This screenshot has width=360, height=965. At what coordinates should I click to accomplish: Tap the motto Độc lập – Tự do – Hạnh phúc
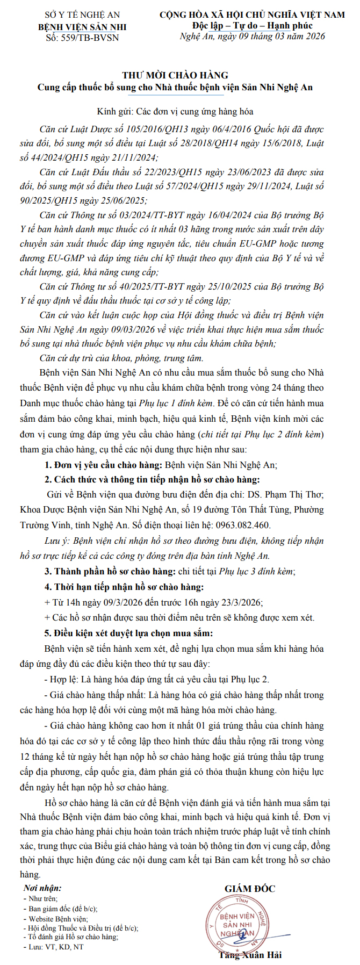point(252,26)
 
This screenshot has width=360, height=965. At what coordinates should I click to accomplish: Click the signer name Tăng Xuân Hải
point(250,955)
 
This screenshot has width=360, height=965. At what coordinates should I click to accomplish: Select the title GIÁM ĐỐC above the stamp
point(250,889)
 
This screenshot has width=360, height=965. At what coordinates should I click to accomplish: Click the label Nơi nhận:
point(42,889)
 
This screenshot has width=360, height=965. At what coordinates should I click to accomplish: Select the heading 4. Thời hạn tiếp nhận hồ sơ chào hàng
point(124,587)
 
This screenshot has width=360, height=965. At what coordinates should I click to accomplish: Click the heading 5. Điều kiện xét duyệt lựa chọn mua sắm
point(128,633)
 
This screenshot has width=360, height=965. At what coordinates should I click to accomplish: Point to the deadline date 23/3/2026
point(242,602)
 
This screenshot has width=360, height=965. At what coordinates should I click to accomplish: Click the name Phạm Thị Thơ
point(292,494)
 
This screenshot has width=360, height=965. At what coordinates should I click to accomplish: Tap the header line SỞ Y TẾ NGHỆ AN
point(83,15)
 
